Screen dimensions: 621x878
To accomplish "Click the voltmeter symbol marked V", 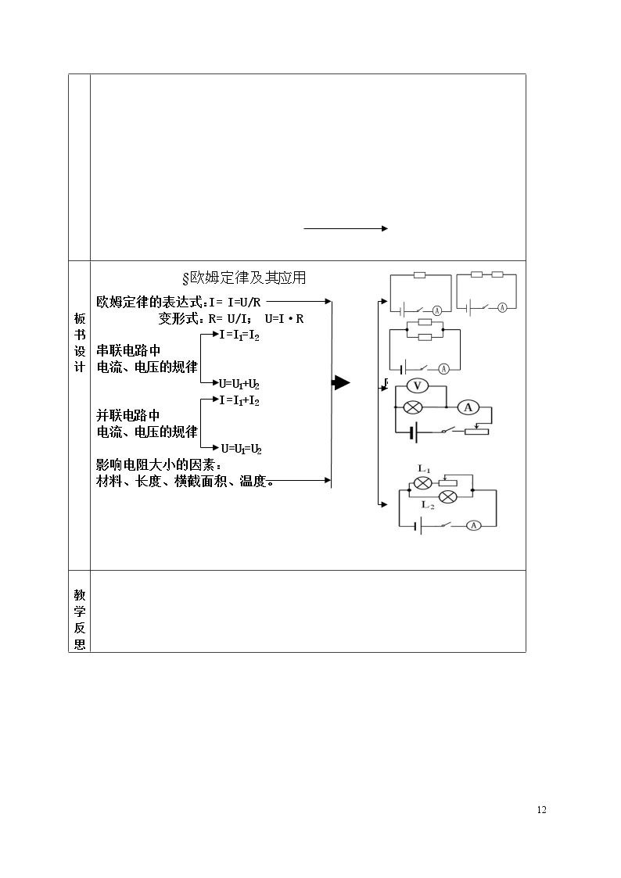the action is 417,385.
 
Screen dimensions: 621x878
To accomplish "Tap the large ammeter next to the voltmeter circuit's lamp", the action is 468,407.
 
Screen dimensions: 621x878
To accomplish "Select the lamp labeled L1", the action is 422,482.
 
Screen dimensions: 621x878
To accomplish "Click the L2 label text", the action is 428,505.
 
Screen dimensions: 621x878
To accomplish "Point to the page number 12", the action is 541,810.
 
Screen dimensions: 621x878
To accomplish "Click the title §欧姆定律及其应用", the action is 244,278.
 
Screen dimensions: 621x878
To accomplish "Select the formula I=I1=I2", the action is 239,335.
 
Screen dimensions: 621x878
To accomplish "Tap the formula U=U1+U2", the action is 239,384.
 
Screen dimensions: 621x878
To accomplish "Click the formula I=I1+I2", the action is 239,401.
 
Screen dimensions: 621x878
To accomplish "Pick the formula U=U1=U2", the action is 242,449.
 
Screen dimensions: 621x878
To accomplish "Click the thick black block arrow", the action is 341,383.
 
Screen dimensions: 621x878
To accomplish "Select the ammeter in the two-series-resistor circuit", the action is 502,307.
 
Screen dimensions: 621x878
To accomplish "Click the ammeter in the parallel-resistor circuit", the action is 443,369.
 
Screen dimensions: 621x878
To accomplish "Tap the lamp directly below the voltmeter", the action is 413,407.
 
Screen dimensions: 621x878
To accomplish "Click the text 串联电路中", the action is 129,351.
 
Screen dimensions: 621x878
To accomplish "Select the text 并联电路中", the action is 128,415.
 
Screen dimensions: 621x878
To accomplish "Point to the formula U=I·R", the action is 285,319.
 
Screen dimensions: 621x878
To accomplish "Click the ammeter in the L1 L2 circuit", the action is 474,525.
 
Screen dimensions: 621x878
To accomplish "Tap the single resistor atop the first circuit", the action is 419,275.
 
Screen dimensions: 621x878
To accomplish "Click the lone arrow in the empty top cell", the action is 346,228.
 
